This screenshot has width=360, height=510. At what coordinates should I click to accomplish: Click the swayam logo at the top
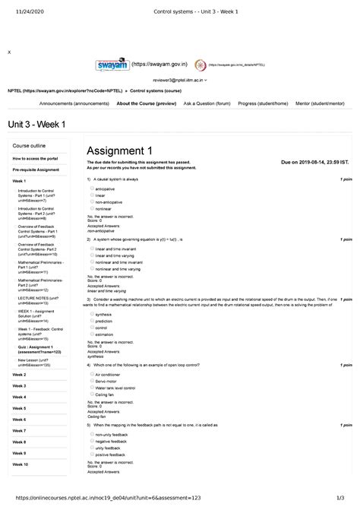121,65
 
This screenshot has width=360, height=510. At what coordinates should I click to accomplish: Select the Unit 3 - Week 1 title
36,124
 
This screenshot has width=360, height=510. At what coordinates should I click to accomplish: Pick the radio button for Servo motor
91,381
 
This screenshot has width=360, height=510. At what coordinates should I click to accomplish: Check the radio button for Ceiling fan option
91,394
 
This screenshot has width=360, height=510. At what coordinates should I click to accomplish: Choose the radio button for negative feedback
91,441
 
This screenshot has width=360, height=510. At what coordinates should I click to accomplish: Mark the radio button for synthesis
91,313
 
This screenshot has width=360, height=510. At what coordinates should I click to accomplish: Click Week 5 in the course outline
20,408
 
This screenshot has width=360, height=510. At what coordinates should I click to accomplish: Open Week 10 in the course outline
21,464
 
